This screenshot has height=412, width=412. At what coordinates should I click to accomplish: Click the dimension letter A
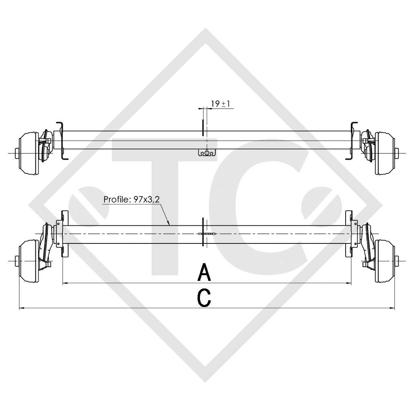pos(205,272)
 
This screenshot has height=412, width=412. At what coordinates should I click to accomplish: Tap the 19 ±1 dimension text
pos(220,104)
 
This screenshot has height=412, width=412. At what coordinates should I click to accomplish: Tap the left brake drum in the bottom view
pos(28,261)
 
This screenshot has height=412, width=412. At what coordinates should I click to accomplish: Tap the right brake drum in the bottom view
pos(384,261)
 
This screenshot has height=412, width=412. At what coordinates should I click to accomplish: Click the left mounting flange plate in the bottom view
pos(64,234)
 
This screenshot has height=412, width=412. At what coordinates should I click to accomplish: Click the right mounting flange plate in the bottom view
pos(348,234)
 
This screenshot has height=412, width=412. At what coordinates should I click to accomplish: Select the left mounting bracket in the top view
pos(60,140)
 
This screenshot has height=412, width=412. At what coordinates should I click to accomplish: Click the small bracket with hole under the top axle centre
pos(207,153)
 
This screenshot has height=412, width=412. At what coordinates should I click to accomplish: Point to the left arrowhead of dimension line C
pos(21,308)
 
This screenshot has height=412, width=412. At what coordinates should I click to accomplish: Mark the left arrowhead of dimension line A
pos(65,283)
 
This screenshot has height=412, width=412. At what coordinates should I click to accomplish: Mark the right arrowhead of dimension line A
pos(349,283)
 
